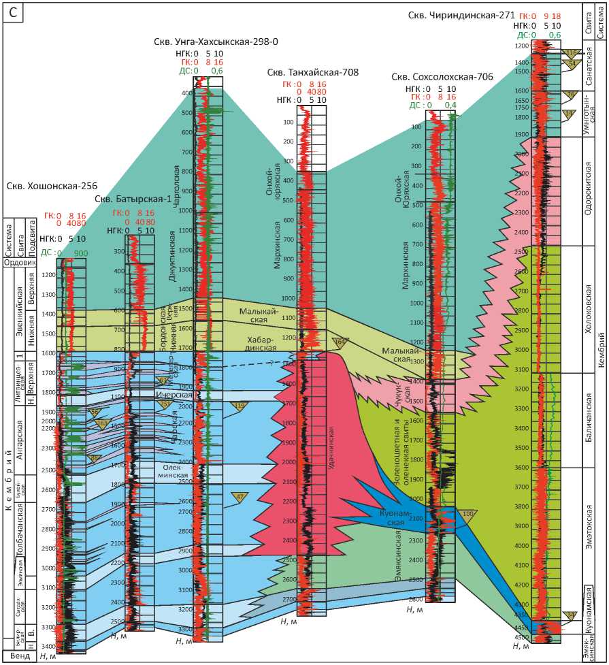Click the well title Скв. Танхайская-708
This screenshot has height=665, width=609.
coord(312,72)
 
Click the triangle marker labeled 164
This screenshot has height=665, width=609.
coord(340,342)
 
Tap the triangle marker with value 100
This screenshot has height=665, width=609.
coord(468,514)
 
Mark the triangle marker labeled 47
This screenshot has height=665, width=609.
coord(240,497)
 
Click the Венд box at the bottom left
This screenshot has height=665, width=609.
coord(19,657)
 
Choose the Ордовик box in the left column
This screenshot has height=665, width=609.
coord(19,263)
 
